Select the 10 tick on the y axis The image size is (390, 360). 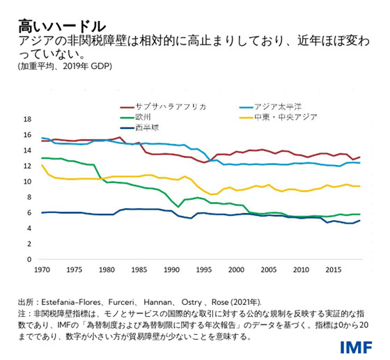(27, 182)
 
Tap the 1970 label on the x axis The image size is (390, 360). (42, 269)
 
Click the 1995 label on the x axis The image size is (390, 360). (204, 269)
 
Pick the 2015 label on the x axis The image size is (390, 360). (333, 269)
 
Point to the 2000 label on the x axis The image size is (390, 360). (236, 269)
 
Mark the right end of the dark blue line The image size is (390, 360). (360, 221)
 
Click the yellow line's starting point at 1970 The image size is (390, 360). (42, 165)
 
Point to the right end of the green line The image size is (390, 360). (360, 214)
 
